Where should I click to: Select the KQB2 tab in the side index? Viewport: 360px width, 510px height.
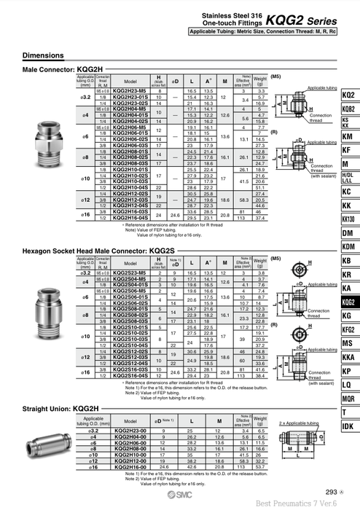pos(348,109)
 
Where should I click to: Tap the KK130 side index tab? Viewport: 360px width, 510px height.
pos(348,219)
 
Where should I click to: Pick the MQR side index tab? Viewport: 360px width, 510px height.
pos(348,399)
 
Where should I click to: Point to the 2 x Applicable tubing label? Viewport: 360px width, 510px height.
pos(294,421)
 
